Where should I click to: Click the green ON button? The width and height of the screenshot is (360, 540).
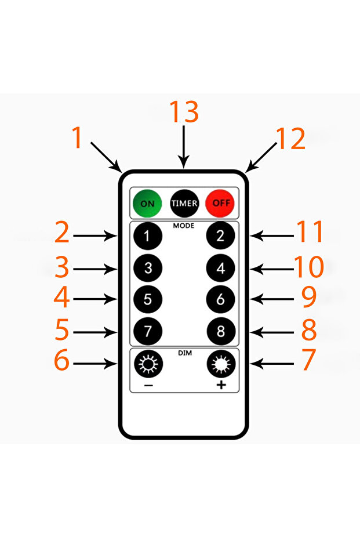point(147,203)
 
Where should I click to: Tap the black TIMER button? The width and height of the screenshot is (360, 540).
point(184,203)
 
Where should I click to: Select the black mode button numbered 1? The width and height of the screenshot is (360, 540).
point(148,236)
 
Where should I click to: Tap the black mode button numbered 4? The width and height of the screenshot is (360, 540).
point(221,268)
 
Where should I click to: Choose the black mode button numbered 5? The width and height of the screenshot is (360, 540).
point(148,299)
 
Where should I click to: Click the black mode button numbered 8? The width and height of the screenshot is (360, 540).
point(221,331)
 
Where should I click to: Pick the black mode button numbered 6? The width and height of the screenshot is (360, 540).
point(221,299)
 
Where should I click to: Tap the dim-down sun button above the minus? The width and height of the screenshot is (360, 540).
point(148,364)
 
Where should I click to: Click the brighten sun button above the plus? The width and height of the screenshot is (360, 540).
point(221,364)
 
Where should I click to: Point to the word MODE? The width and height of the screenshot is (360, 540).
point(184,226)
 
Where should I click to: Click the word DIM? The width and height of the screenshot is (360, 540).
point(185,353)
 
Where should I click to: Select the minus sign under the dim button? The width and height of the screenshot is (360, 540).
point(148,385)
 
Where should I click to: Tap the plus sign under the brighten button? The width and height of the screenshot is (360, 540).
point(221,385)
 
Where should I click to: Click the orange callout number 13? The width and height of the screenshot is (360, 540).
point(184,111)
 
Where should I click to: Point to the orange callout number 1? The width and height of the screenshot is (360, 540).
point(78,137)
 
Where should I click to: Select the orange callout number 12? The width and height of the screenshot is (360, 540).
point(291,139)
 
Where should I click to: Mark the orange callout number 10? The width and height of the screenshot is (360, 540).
point(309,267)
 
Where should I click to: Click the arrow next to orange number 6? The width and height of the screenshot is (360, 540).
point(95,364)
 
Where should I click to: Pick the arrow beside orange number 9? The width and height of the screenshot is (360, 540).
point(272,299)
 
